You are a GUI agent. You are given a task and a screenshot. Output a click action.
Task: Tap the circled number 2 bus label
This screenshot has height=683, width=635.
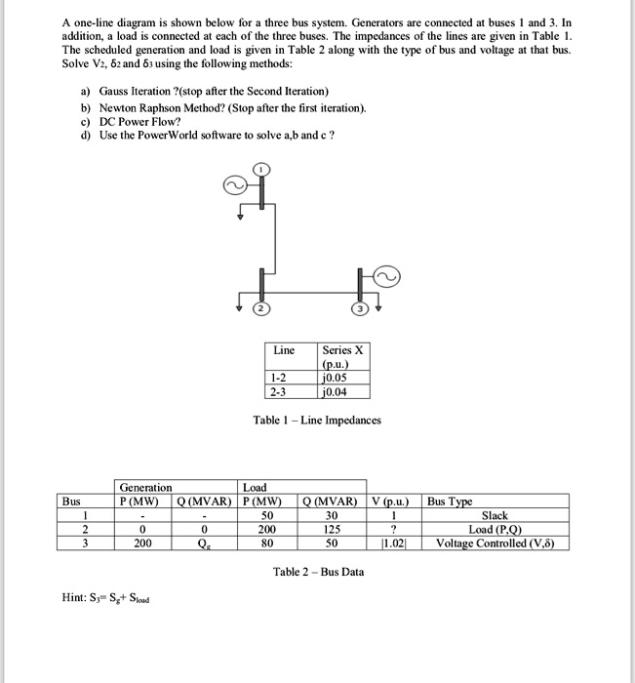[x=261, y=310]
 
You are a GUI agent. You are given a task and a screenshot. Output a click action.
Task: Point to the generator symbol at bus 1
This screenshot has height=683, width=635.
[x=235, y=184]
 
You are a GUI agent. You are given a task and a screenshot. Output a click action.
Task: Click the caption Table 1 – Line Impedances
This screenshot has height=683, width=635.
[x=317, y=421]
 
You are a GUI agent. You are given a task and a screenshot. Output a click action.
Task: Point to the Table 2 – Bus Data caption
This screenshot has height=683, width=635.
[x=318, y=572]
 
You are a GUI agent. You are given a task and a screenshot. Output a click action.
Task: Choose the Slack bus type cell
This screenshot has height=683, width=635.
[x=494, y=515]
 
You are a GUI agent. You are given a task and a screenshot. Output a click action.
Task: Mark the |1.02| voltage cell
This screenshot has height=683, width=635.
[x=394, y=543]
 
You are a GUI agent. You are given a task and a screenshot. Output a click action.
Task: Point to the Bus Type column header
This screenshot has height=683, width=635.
[x=449, y=502]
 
